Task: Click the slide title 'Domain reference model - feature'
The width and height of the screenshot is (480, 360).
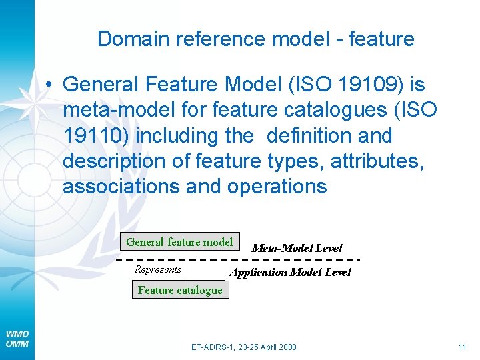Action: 255,39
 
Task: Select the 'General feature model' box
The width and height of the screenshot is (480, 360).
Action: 179,242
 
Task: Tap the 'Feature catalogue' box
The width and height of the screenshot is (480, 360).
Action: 180,290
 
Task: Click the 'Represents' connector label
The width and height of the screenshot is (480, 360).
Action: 158,269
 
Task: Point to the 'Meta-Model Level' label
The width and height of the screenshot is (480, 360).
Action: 297,248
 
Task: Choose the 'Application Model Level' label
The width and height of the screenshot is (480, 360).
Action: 290,272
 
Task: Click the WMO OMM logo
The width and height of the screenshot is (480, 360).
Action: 17,338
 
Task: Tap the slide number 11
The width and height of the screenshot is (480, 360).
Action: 462,347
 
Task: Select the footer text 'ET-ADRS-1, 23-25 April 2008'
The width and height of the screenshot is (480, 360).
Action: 244,347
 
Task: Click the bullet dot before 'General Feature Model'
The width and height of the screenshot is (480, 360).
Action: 49,85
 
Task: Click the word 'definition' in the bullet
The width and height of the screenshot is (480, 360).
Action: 311,136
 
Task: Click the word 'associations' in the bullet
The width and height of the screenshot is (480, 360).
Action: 121,187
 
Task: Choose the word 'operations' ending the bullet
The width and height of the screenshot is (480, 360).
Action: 277,187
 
